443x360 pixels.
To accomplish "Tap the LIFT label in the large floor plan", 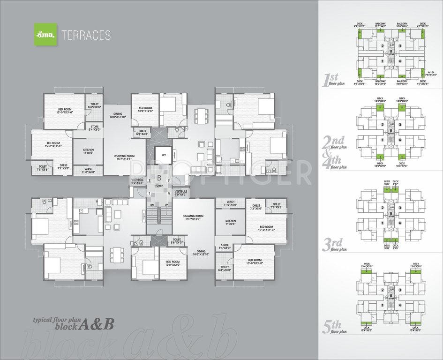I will click(x=164, y=154).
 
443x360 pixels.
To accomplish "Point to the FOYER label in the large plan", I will click(x=159, y=185).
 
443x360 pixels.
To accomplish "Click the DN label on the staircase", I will click(x=151, y=204).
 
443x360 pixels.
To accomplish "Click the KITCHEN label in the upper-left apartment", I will click(x=89, y=151).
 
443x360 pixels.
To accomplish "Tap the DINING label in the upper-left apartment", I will click(x=117, y=115).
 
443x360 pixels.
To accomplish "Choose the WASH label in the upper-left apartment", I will click(x=89, y=171).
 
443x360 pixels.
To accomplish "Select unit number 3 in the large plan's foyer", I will click(x=168, y=180).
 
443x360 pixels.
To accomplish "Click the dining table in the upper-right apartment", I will click(x=202, y=114).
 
